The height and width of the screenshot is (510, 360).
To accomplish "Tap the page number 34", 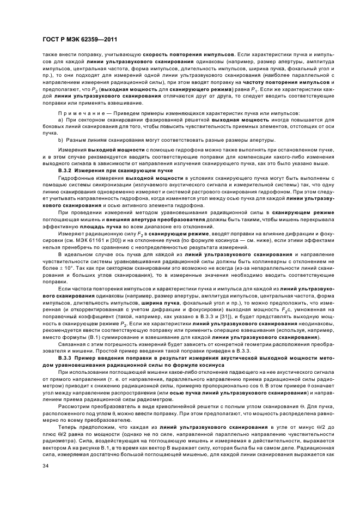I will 46,466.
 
